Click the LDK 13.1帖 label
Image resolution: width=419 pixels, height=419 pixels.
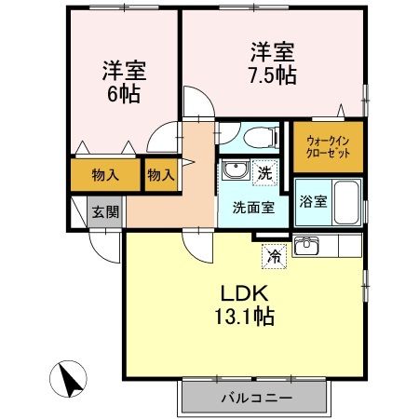click(246, 304)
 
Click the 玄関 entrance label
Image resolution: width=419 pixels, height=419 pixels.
click(104, 211)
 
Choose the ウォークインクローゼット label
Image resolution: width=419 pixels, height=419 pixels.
click(328, 146)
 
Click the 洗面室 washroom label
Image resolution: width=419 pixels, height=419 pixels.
click(253, 207)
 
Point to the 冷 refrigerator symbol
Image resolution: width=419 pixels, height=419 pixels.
click(274, 253)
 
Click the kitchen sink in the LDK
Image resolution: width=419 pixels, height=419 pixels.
click(305, 247)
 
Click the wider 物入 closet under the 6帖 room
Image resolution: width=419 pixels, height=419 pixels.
click(104, 174)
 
